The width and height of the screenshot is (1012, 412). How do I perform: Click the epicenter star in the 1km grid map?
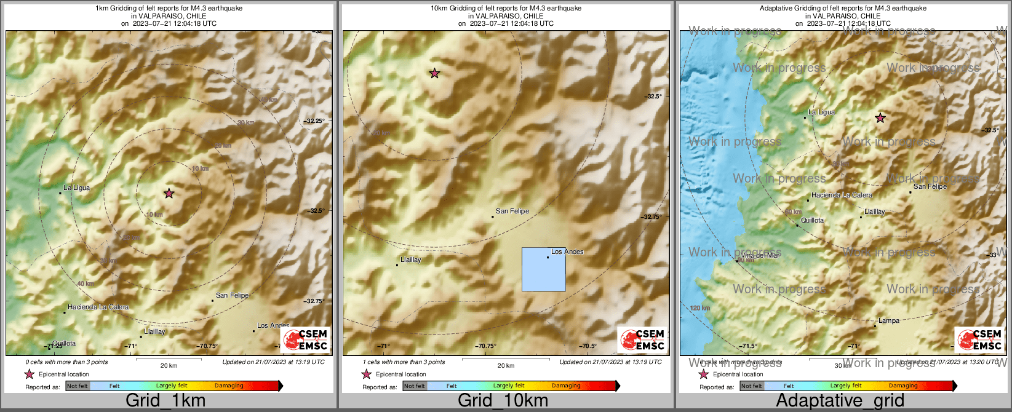point(169,193)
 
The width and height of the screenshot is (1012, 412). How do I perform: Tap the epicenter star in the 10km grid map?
point(434,73)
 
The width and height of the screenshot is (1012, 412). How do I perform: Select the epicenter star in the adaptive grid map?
point(880,117)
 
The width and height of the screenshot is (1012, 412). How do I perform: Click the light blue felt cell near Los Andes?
point(544,269)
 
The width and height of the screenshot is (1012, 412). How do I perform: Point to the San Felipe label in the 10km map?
point(512,211)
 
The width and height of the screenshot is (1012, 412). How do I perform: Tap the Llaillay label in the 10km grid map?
point(411,260)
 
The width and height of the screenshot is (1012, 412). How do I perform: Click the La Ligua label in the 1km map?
point(77,188)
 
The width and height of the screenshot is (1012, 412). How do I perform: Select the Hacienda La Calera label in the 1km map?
point(98,307)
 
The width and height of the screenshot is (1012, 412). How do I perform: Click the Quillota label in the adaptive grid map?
point(812,220)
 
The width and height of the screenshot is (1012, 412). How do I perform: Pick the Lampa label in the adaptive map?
point(889,320)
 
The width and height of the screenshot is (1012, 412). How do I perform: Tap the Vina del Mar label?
point(760,255)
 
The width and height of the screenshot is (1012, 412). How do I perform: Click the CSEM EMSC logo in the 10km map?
point(642,340)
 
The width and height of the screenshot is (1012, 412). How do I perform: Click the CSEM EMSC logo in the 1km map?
point(305,340)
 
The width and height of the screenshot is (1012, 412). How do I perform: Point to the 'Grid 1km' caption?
point(165,401)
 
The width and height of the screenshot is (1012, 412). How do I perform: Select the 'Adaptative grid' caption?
point(840,401)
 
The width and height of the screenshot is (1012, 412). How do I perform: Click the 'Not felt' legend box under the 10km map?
point(414,386)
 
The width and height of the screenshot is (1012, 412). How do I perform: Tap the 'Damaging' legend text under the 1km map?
point(229,386)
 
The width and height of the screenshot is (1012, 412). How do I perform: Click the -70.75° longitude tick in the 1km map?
point(207,346)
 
